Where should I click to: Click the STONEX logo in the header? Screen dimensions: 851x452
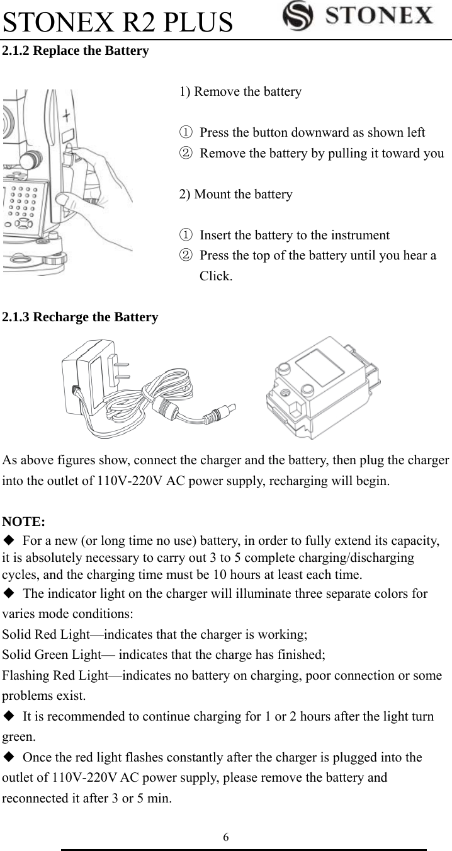(x=358, y=16)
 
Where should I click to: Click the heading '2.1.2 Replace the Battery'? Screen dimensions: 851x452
(x=76, y=51)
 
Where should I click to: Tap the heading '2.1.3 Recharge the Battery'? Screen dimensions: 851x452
(x=80, y=317)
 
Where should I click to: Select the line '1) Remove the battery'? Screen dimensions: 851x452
(x=240, y=92)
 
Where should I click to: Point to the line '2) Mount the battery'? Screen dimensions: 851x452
(x=236, y=194)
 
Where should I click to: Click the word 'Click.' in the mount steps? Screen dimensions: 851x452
(x=215, y=276)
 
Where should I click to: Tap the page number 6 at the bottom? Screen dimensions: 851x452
(x=226, y=837)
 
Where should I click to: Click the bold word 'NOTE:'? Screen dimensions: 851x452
(x=23, y=521)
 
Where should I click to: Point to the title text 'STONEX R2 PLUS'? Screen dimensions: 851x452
(x=118, y=21)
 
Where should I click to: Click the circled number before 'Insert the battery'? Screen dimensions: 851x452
(x=185, y=236)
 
